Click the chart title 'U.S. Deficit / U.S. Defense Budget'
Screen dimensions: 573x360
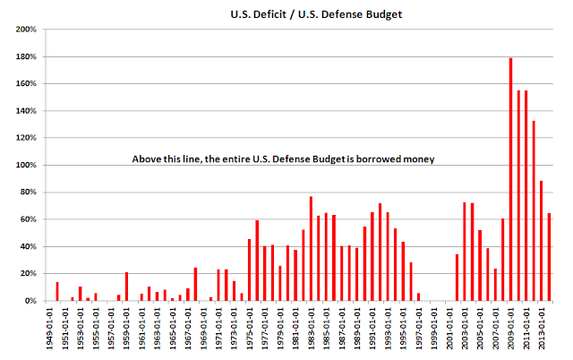tap(316, 14)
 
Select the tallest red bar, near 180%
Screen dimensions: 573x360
tap(510, 179)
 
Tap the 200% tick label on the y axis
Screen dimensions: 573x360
tap(26, 30)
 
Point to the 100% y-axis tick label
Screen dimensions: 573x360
tap(26, 165)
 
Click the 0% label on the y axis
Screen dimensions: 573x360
tap(30, 301)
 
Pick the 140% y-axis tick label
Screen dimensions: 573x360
tap(26, 111)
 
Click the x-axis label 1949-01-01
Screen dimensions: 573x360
tap(49, 328)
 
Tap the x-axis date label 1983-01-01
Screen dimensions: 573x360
tap(311, 328)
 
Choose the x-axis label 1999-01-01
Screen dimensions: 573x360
tap(433, 328)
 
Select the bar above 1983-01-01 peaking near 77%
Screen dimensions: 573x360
tap(311, 249)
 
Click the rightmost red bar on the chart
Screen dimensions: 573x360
tap(549, 257)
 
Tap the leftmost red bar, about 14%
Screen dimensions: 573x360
tap(57, 291)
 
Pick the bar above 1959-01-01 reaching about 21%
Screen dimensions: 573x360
tap(126, 287)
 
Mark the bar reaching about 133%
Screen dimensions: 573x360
tap(534, 210)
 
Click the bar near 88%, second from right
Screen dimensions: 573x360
tap(541, 241)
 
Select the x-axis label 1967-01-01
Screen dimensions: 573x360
tap(188, 328)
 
